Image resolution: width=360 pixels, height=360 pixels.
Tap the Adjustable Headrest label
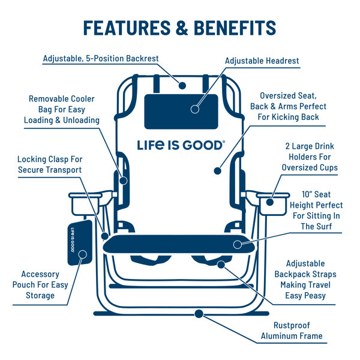[x=262, y=61]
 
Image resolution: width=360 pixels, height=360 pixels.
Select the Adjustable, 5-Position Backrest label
[x=101, y=59]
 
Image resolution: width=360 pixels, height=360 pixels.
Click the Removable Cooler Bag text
[x=62, y=109]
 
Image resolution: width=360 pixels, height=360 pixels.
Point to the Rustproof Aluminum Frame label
[x=291, y=331]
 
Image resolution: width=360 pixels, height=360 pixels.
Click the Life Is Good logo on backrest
[x=181, y=145]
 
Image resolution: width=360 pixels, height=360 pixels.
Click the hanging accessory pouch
[x=77, y=241]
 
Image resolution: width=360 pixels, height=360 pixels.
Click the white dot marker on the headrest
[x=194, y=109]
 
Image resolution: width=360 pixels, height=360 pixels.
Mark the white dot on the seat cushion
[x=238, y=244]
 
